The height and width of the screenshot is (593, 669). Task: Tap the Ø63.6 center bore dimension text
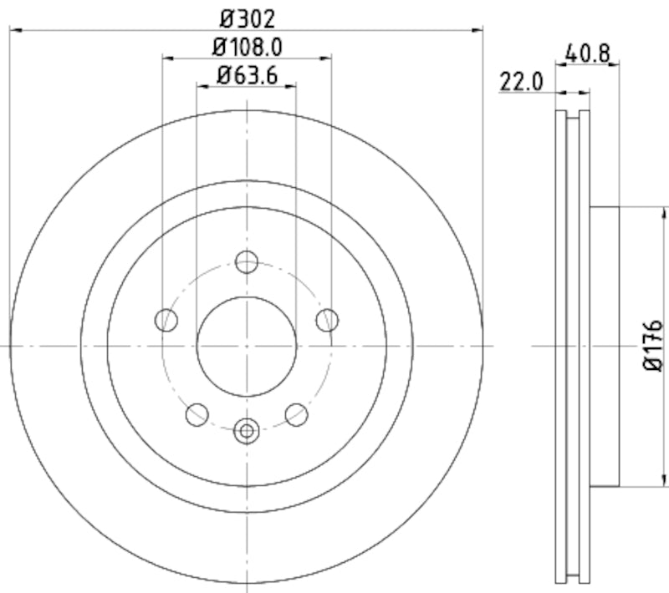click(246, 74)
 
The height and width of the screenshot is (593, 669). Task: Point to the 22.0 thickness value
click(523, 82)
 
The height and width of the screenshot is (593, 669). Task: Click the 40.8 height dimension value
click(591, 53)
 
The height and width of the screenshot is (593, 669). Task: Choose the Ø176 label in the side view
click(652, 344)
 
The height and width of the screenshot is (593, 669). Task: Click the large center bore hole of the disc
click(246, 346)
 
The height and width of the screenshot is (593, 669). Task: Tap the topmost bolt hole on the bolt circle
click(246, 262)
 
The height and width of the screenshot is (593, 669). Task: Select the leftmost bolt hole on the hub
click(167, 319)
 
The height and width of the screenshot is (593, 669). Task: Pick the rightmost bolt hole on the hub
click(326, 319)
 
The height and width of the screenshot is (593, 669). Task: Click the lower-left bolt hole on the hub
click(197, 413)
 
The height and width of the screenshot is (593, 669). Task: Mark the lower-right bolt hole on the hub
click(296, 413)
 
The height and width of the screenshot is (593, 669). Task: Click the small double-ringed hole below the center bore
click(246, 430)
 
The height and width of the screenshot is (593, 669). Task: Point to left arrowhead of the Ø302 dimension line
click(13, 31)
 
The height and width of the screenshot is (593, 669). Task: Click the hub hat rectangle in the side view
click(604, 346)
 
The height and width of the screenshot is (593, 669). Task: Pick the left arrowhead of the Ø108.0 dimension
click(166, 58)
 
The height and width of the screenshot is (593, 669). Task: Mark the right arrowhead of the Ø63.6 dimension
click(292, 86)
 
